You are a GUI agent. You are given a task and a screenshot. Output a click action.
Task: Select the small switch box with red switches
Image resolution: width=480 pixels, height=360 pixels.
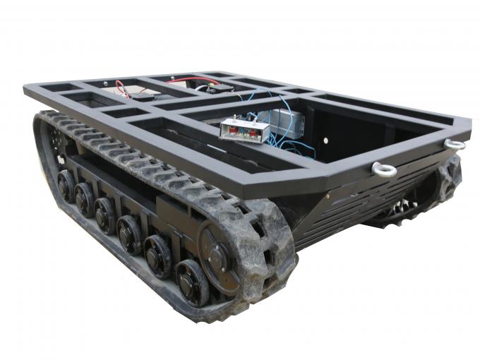click(244, 130)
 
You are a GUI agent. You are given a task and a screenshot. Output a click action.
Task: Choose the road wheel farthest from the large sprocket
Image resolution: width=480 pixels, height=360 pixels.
click(65, 185)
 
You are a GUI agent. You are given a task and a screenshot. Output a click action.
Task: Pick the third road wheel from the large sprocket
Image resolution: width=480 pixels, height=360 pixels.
click(130, 233)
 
